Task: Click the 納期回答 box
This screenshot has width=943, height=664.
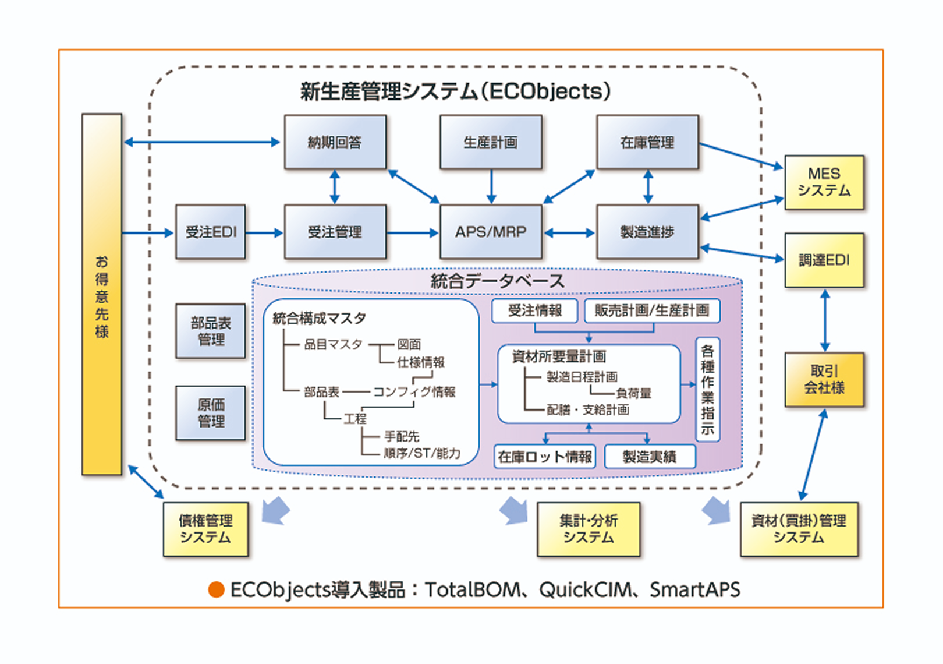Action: coord(335,142)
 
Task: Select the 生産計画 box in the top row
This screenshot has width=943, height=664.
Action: coord(491,142)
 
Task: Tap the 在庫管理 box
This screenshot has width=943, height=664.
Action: coord(647,142)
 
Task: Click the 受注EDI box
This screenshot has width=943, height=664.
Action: coord(211,232)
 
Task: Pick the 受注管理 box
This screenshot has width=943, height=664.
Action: coord(335,232)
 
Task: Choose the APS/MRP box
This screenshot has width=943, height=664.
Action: coord(491,232)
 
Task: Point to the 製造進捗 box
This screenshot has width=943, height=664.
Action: coord(647,232)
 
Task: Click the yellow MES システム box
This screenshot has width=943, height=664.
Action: coord(824,182)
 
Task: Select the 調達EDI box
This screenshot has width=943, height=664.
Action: coord(824,260)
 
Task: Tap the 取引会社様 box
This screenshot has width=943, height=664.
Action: coord(824,379)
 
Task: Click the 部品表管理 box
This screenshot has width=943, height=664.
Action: coord(211,331)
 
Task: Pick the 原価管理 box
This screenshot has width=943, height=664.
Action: coord(211,412)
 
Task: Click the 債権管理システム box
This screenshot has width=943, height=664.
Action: coord(205,529)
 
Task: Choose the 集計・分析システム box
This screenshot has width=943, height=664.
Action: coord(589,529)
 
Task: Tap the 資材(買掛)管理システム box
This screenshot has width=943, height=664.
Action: coord(799,529)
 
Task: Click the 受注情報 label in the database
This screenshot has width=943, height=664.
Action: coord(534,310)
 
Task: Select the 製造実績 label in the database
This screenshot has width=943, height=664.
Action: coord(650,457)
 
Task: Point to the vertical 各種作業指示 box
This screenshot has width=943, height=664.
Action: coord(707,390)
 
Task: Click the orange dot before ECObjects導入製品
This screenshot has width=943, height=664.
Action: coord(217,589)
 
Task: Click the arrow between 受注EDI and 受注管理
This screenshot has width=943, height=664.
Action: coord(264,233)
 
